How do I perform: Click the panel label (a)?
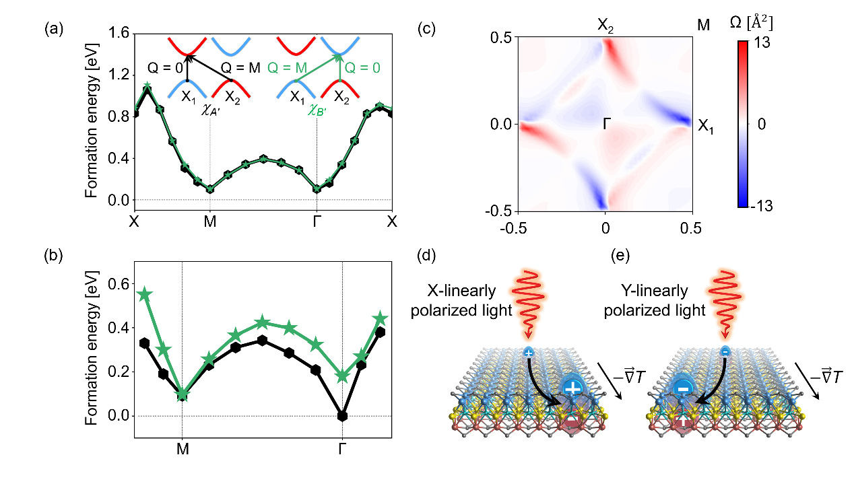point(54,29)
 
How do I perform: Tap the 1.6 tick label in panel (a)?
point(119,33)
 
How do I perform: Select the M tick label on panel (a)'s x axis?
point(209,221)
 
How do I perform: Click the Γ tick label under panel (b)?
point(342,449)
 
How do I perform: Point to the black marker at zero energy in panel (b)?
point(342,416)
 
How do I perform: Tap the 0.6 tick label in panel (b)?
point(119,284)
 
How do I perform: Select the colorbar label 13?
point(762,42)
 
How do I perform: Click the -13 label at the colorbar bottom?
point(761,206)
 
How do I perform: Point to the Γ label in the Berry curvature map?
point(607,124)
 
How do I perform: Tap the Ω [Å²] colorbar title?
point(751,24)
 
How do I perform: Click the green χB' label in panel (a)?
point(317,110)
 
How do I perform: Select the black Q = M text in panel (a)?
point(240,68)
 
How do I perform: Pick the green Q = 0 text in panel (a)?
point(362,68)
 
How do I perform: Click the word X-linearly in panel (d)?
point(461,291)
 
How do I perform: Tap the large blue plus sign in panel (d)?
point(572,388)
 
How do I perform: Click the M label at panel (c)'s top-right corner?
point(703,25)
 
